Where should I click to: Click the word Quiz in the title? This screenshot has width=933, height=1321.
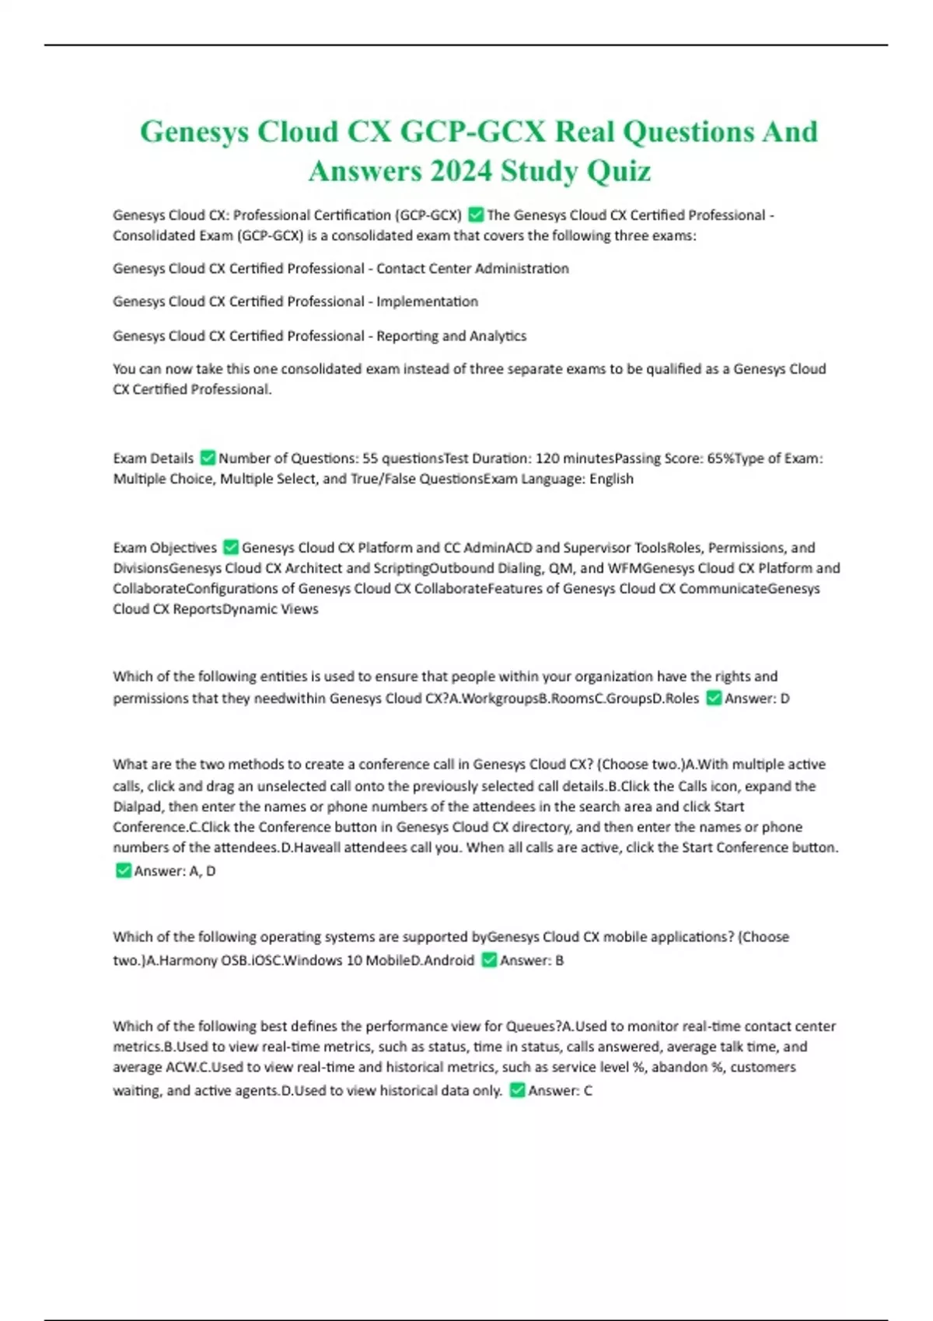pos(619,171)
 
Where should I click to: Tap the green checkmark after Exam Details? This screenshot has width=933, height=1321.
pos(208,458)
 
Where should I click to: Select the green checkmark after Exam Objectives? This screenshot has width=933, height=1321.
pos(231,547)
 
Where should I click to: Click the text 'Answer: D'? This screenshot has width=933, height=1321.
pos(757,699)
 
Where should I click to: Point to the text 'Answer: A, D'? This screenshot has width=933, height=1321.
pos(175,871)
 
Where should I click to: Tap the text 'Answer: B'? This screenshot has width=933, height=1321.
pos(532,960)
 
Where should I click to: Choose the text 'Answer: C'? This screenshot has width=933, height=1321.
pos(560,1091)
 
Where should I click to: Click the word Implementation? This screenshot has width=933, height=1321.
pos(427,301)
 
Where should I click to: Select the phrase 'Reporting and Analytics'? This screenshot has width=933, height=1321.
pos(451,336)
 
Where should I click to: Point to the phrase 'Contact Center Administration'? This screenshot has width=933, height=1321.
pos(473,269)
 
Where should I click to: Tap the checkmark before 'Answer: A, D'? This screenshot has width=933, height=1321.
pos(123,870)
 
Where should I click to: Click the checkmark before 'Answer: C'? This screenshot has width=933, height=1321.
pos(517,1090)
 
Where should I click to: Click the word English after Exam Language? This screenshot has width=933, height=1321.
pos(611,479)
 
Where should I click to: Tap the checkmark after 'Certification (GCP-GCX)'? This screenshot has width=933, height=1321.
pos(476,214)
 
